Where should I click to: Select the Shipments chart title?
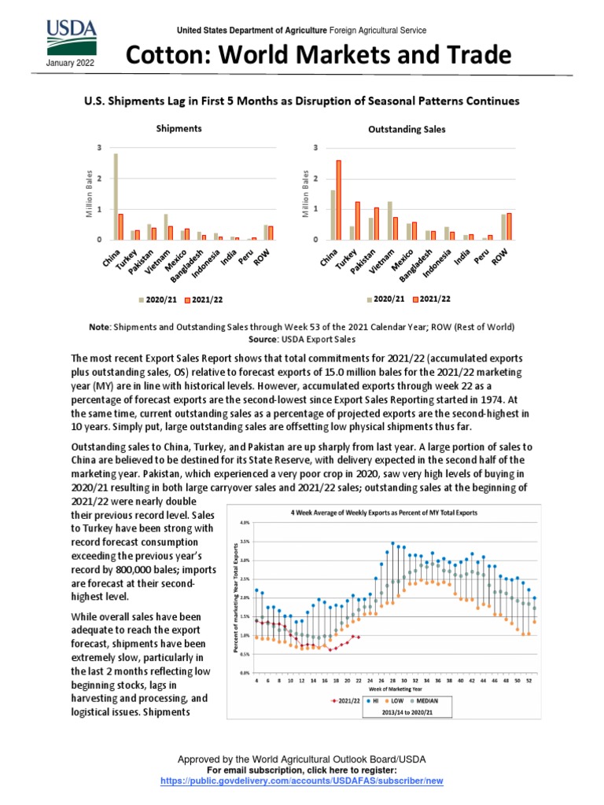click(x=179, y=127)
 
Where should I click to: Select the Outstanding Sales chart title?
click(x=407, y=129)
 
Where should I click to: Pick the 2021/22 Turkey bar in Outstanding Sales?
click(x=357, y=220)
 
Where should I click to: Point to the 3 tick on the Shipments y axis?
click(x=99, y=148)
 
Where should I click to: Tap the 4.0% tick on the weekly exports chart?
click(x=244, y=522)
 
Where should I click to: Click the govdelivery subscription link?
click(x=302, y=782)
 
